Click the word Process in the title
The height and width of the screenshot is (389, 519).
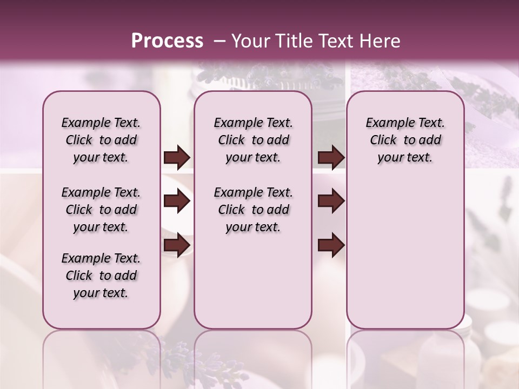pos(167,41)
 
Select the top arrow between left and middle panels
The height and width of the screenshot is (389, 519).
pos(177,158)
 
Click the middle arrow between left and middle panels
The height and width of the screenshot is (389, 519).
pos(177,202)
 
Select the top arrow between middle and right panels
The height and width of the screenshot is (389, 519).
pos(331,158)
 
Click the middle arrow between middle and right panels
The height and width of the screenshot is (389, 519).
pos(331,202)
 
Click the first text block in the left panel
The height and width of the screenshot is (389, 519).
pos(101,140)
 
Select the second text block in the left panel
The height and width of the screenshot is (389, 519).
pos(101,210)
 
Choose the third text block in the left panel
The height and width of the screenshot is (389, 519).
pos(101,276)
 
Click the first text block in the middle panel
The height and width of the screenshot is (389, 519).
pos(253,140)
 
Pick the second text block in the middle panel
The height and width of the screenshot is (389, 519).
pos(253,210)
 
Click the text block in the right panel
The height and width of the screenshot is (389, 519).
pos(405,140)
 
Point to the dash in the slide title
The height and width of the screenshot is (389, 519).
pos(219,41)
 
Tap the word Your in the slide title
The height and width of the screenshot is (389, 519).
pos(250,41)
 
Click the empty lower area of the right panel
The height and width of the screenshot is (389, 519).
pos(405,259)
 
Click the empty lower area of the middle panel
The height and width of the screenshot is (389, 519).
pos(253,281)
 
